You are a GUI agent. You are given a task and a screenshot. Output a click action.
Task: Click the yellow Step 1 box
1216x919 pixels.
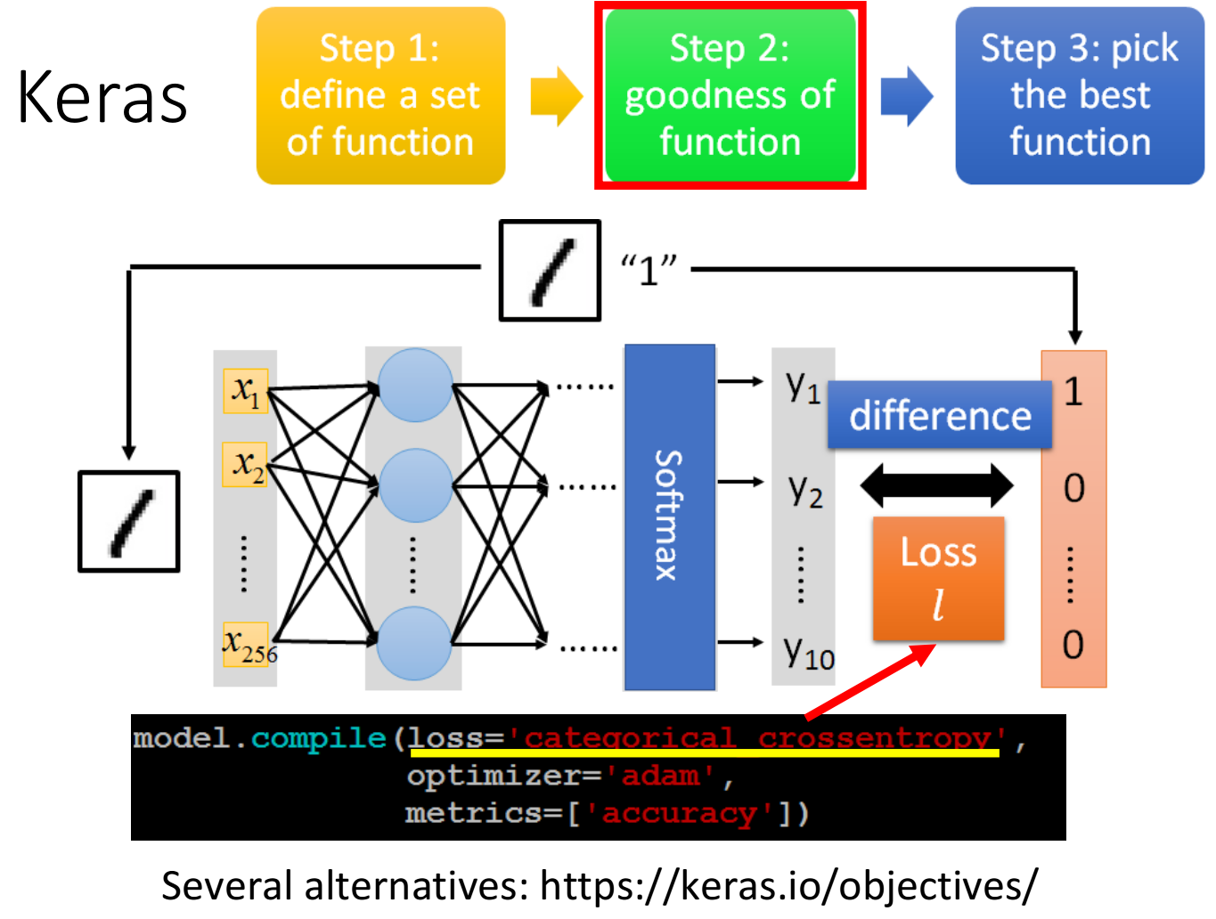(380, 95)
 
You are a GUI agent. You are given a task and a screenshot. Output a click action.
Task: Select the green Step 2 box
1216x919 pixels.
(730, 95)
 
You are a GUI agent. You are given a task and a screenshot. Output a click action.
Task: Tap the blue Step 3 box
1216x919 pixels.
(1080, 95)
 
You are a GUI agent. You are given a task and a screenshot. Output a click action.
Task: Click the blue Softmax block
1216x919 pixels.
(670, 516)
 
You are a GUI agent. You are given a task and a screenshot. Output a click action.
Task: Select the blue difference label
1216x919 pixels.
(940, 415)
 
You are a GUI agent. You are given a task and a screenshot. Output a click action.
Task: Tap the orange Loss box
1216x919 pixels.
(938, 578)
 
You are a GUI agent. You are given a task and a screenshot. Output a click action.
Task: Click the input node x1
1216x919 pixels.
(245, 391)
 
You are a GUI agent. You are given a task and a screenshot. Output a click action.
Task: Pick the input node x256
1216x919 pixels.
(246, 644)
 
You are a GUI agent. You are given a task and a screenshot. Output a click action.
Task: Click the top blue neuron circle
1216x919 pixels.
(415, 385)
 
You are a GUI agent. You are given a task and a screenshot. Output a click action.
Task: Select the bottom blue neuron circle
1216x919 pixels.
(414, 643)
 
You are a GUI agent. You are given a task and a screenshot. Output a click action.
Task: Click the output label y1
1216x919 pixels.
(803, 386)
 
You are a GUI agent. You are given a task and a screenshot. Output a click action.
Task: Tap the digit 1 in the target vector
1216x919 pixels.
(1073, 392)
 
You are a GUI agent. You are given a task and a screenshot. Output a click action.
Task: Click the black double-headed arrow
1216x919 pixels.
(936, 485)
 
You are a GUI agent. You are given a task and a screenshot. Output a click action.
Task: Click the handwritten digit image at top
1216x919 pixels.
(550, 271)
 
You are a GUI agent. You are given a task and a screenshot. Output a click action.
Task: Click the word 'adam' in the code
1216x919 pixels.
(660, 776)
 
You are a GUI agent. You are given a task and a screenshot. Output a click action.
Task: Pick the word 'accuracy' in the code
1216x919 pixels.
(680, 813)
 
